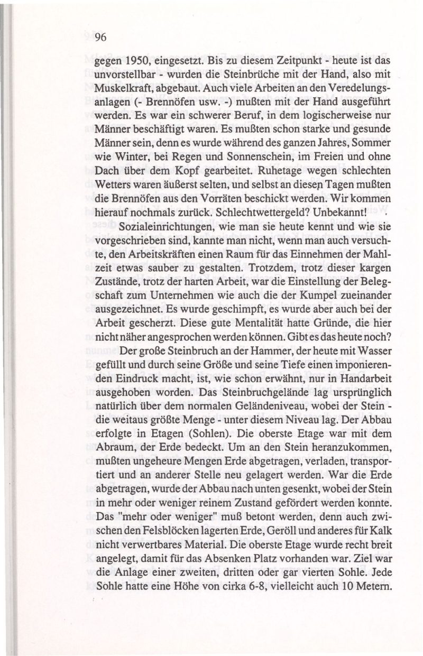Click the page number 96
101,37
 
